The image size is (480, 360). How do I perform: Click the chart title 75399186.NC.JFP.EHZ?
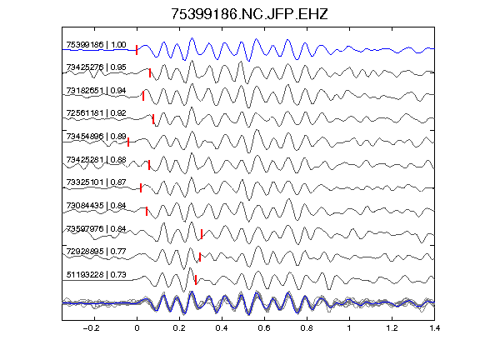(249, 14)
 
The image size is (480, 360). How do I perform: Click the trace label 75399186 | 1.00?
(96, 45)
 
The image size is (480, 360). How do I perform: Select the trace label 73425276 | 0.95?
(96, 67)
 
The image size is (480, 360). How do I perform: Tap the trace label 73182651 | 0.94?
(96, 91)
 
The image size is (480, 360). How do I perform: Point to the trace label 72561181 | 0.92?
(96, 113)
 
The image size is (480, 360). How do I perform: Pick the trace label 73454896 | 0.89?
(96, 136)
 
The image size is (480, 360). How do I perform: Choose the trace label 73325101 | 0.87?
(96, 182)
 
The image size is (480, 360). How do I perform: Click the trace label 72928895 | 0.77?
(96, 252)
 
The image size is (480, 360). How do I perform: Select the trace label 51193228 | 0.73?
(96, 275)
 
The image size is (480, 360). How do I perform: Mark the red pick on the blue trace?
(137, 50)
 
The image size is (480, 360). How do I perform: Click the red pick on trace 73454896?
(128, 142)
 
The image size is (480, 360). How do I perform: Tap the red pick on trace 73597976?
(202, 234)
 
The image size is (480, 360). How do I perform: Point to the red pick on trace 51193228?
(196, 280)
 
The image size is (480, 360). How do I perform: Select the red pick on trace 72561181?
(153, 119)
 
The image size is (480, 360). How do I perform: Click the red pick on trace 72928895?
(200, 257)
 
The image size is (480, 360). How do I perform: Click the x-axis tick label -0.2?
(92, 328)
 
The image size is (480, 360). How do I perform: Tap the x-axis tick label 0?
(137, 328)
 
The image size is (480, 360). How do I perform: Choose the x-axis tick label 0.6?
(264, 328)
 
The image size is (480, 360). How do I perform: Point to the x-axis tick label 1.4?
(434, 328)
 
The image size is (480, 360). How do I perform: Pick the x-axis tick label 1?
(349, 328)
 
